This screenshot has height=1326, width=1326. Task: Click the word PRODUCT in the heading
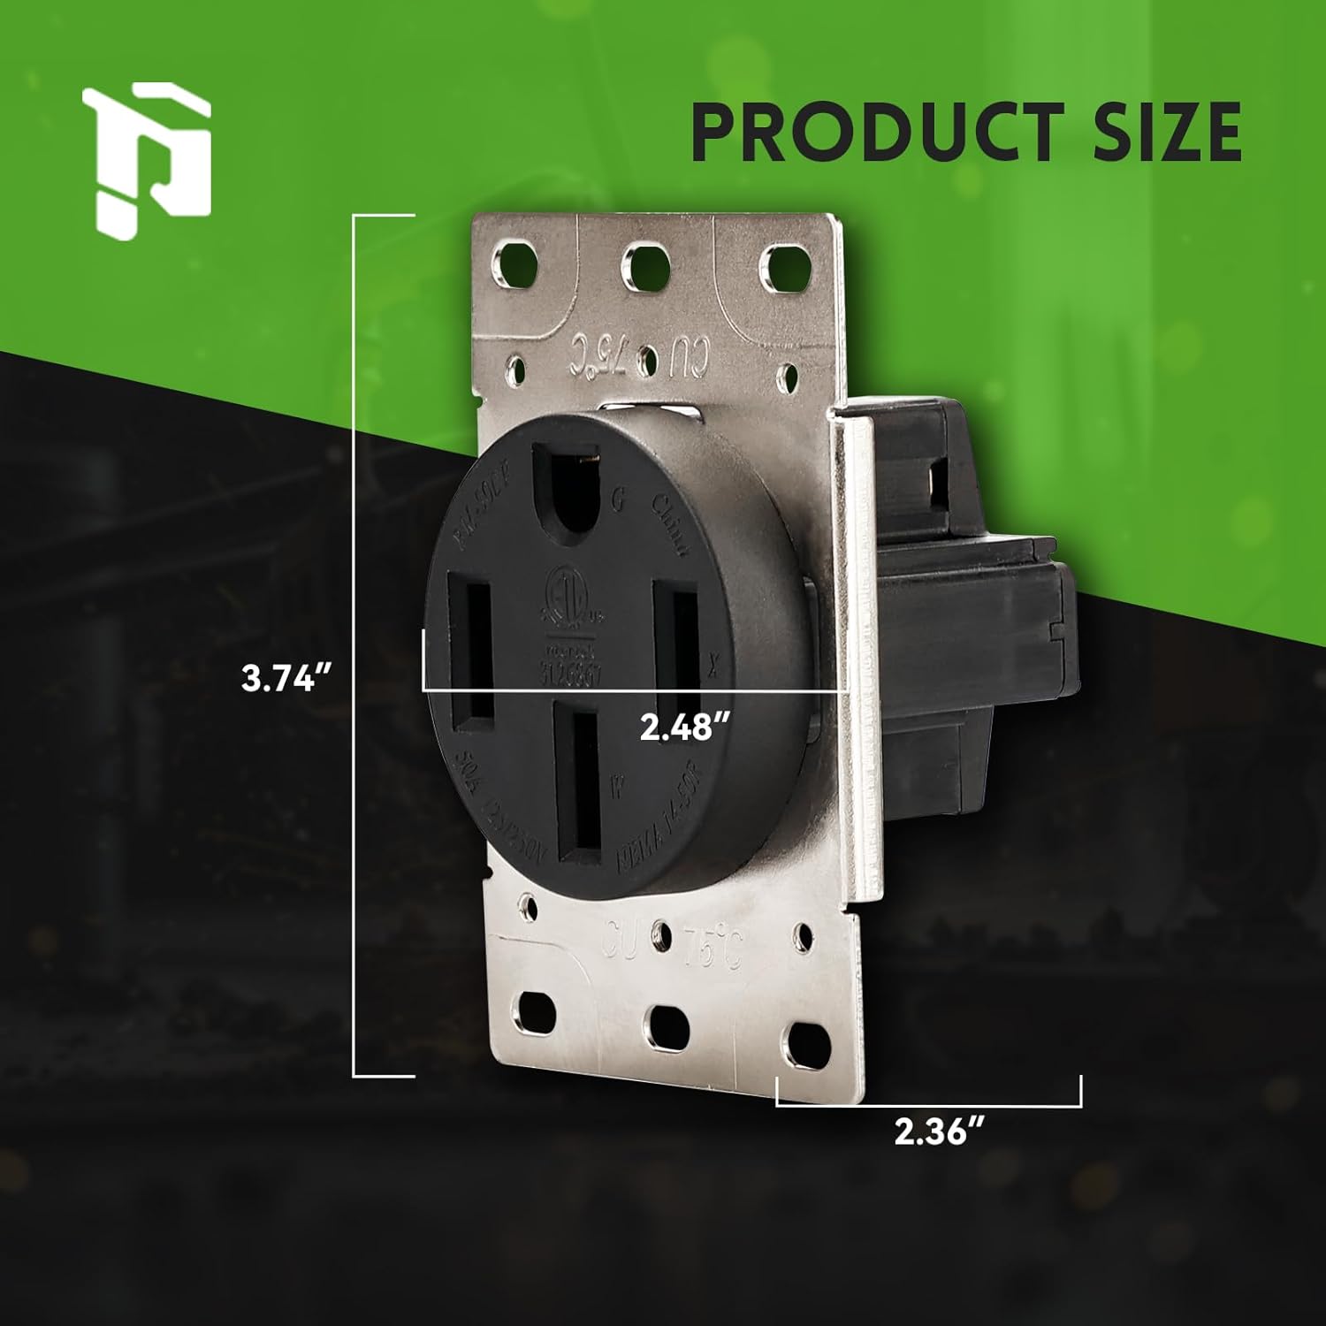point(871,132)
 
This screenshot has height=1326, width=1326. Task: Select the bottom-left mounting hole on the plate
point(536,1010)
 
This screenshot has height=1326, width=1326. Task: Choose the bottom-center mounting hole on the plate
point(667,1026)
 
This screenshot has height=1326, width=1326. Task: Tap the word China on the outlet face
point(670,527)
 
